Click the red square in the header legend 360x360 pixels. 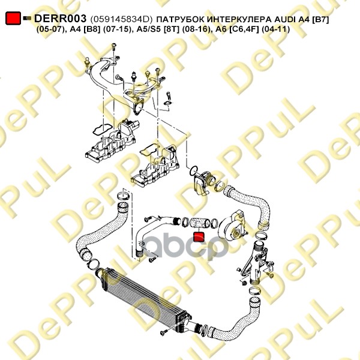point(13,18)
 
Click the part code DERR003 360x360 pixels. point(60,19)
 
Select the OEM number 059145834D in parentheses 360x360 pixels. point(121,19)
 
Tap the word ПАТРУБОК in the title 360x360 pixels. point(180,19)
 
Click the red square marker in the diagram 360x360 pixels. point(199,237)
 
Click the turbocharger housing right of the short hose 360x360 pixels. point(232,227)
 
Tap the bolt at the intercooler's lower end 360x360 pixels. point(164,332)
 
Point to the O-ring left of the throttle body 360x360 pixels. point(193,170)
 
